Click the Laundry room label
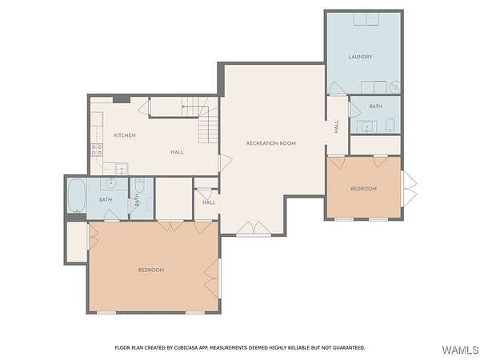[x=360, y=57]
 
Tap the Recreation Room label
[x=271, y=143]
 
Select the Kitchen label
[x=125, y=135]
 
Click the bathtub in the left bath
[x=77, y=196]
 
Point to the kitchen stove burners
[x=97, y=150]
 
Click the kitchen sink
[x=122, y=169]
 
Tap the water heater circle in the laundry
[x=396, y=86]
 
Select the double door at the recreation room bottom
[x=254, y=229]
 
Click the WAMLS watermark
[x=460, y=350]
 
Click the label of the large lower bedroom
[x=151, y=270]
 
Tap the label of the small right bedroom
[x=364, y=189]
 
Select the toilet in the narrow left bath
[x=139, y=185]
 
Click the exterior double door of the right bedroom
[x=409, y=189]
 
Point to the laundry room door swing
[x=337, y=88]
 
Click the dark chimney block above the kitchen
[x=122, y=99]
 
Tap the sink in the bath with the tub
[x=110, y=184]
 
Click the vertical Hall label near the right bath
[x=337, y=126]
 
